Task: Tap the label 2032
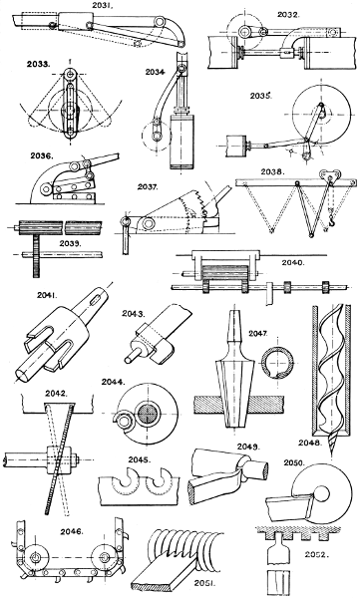[289, 15]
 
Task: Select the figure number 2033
[41, 63]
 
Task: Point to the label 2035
[261, 97]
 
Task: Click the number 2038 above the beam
[270, 170]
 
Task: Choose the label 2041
[38, 296]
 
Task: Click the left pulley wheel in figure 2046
[41, 556]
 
